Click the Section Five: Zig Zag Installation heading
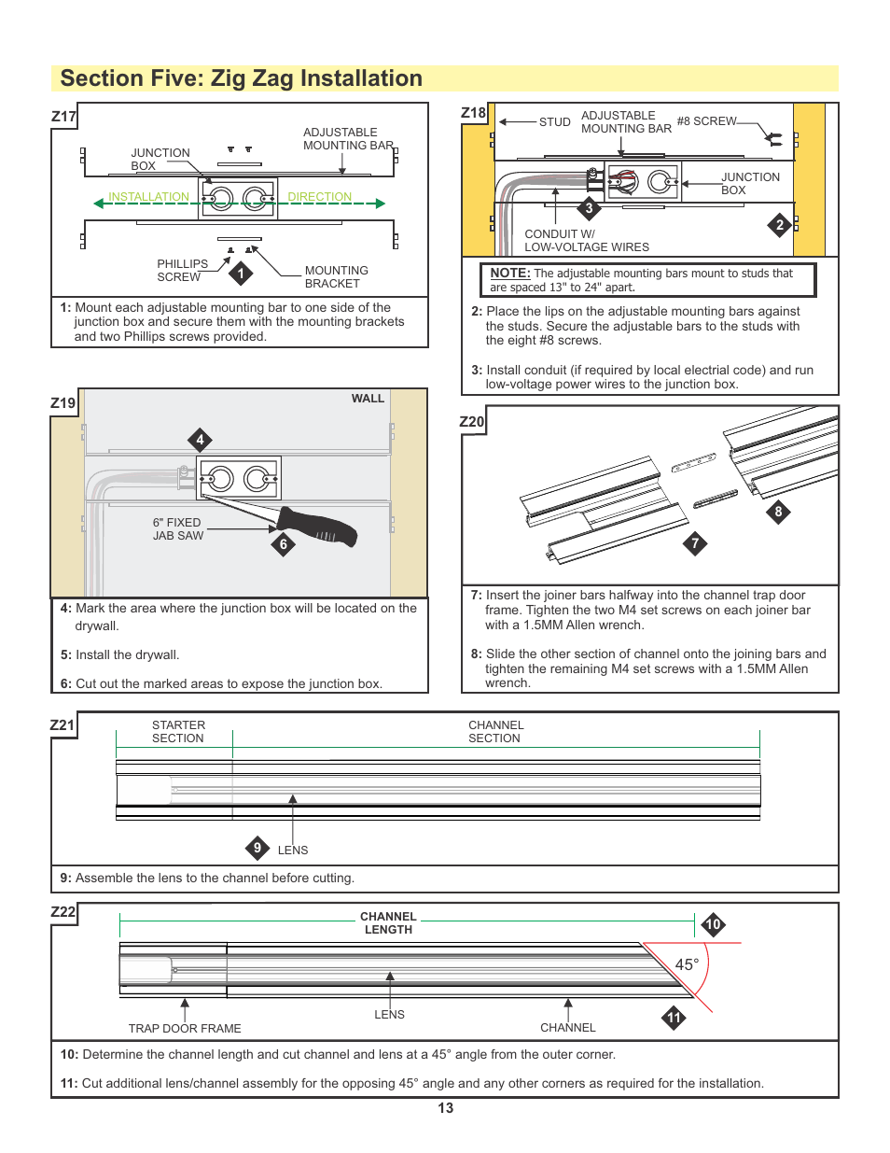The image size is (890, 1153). [241, 78]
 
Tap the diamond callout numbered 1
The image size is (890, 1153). [241, 274]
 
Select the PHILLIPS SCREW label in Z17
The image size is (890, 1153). [182, 271]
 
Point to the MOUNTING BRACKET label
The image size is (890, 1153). [336, 277]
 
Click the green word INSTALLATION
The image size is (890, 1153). [148, 197]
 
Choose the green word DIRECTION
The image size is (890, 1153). [319, 197]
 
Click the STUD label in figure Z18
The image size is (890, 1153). [554, 122]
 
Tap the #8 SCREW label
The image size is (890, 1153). [706, 121]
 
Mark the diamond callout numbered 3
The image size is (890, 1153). [589, 208]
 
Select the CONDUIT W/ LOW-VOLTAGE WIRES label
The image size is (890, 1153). [586, 241]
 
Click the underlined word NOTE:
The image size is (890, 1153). [509, 274]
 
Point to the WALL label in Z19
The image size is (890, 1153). [368, 399]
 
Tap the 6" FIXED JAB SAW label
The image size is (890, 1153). [177, 529]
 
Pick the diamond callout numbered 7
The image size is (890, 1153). [694, 543]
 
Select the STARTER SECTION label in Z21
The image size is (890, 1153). [178, 732]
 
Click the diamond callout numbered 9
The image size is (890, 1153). [257, 848]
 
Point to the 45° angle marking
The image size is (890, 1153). [687, 964]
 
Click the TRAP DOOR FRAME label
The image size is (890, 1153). [185, 1028]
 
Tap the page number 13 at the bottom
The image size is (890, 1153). [445, 1108]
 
